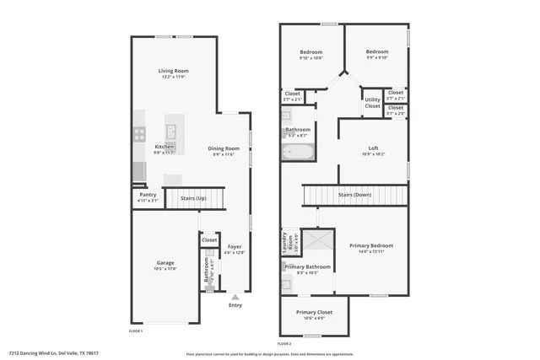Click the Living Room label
(x=173, y=71)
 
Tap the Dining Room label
(x=224, y=148)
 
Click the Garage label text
(x=165, y=262)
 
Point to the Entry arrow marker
(x=235, y=296)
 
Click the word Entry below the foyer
(x=235, y=305)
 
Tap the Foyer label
(x=235, y=246)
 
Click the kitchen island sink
(x=170, y=131)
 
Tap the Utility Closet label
(x=372, y=103)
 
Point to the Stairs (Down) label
(x=354, y=195)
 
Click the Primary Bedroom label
(x=371, y=245)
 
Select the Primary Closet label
(x=314, y=312)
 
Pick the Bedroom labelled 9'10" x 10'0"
(x=310, y=51)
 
